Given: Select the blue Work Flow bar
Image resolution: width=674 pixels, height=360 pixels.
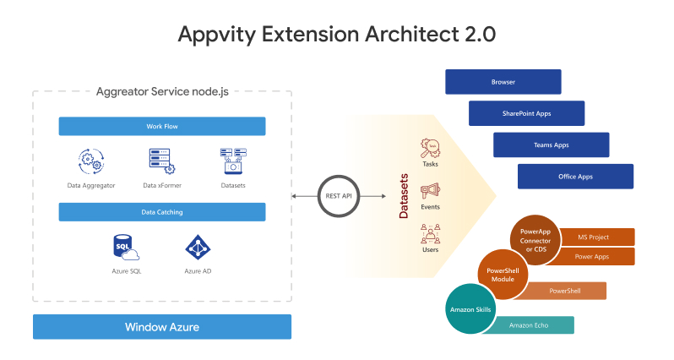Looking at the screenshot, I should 161,127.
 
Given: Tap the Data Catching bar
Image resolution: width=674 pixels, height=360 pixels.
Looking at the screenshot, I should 161,212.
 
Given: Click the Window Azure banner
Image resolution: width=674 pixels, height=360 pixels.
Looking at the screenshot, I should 161,326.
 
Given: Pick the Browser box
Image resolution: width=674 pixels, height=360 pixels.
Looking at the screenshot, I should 503,82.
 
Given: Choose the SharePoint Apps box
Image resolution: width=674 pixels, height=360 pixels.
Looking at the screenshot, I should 526,113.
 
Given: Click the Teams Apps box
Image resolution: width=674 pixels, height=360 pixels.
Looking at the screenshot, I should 551,145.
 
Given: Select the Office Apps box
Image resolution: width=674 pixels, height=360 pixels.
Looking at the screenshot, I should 575,176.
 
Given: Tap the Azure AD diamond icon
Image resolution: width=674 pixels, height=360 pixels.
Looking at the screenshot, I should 198,248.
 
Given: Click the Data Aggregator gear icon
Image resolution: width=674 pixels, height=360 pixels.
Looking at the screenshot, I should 90,161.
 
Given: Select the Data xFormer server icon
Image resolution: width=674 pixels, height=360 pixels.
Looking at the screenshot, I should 161,161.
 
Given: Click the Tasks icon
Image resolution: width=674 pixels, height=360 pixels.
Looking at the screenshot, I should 430,149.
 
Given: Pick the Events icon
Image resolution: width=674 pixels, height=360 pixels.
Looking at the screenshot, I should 430,191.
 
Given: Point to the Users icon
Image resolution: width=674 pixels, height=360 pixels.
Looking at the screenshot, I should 430,233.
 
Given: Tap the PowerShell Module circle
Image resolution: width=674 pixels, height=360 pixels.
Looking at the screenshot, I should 503,275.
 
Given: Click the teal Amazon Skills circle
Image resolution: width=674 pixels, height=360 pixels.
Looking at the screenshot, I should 471,310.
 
